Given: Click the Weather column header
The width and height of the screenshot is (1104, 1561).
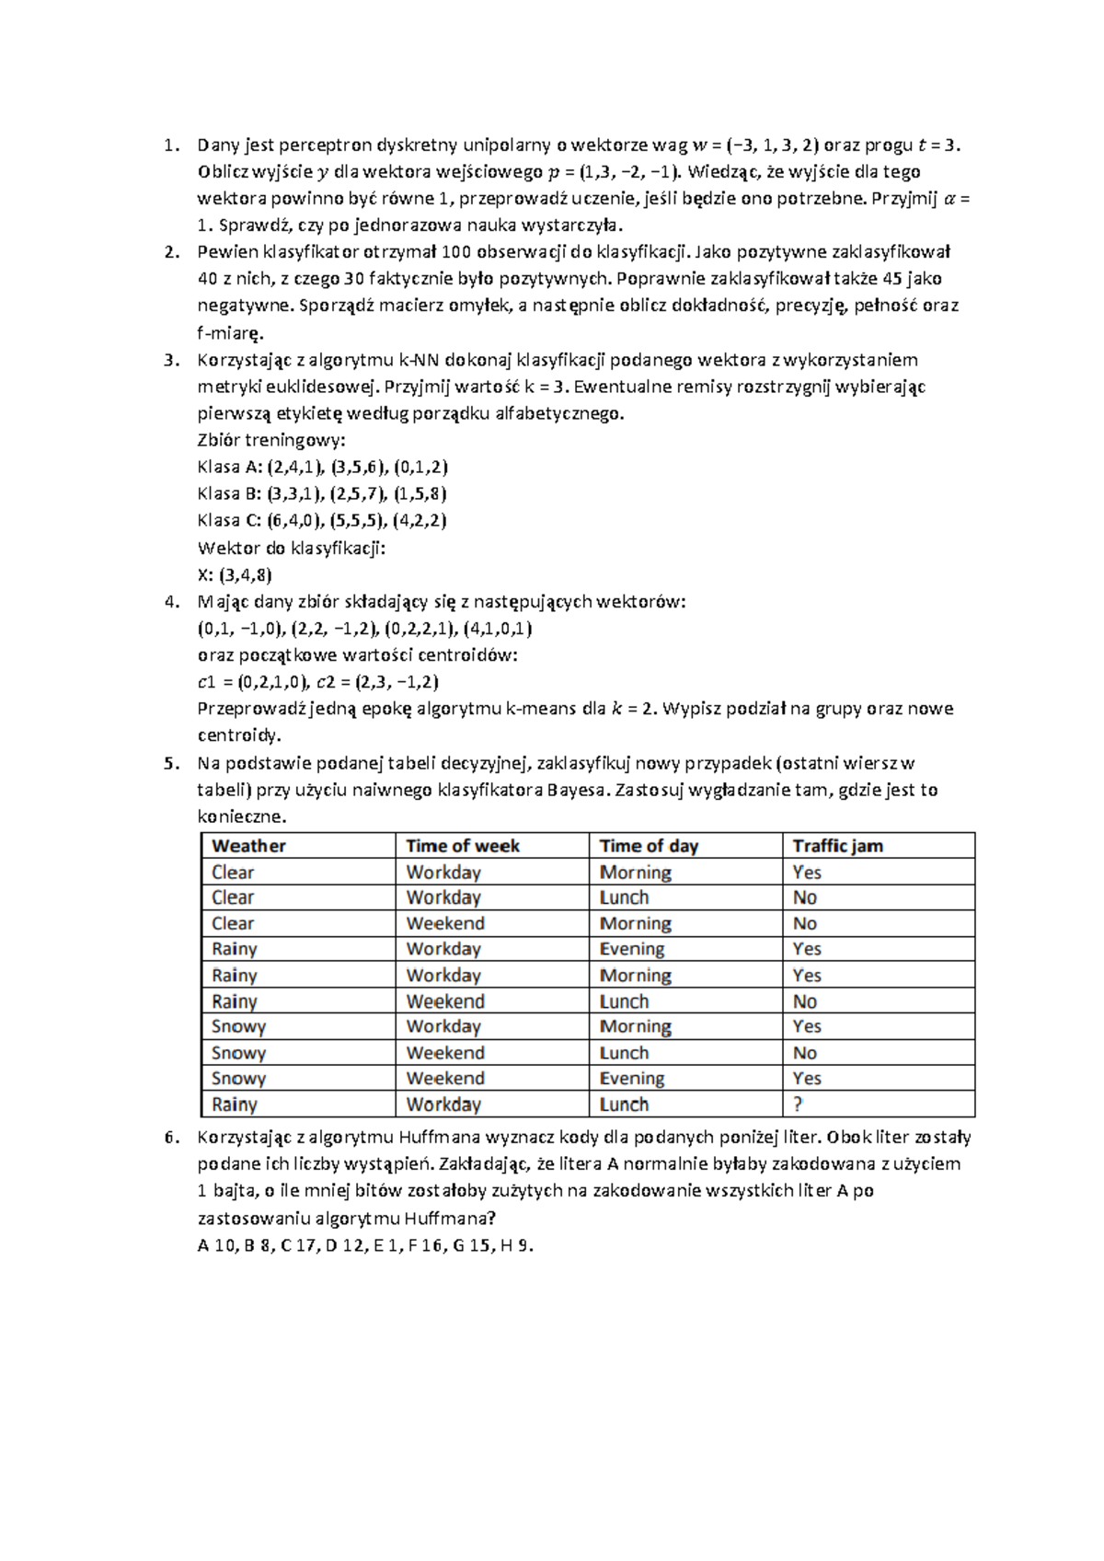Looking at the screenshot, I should (x=248, y=846).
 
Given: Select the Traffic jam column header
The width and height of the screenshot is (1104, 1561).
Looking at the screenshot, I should (x=837, y=846).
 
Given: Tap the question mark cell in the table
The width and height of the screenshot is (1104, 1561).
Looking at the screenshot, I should (x=798, y=1104).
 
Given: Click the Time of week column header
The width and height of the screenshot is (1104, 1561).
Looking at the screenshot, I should (x=463, y=846).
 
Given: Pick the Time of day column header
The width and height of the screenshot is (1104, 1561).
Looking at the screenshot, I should (x=649, y=846).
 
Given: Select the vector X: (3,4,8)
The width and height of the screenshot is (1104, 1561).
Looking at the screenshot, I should (x=235, y=575).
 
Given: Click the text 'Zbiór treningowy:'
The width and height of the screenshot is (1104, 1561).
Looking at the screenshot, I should (x=271, y=440).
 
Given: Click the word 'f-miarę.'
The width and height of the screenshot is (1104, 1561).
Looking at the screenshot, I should (x=230, y=333).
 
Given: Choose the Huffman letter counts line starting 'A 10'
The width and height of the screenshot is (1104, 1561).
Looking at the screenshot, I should (x=365, y=1245).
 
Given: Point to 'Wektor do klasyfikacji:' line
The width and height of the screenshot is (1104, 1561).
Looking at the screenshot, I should (x=291, y=549).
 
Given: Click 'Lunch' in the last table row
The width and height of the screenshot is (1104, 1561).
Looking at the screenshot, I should (x=624, y=1104).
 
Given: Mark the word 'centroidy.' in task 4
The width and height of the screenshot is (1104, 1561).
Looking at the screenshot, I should (x=239, y=735).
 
